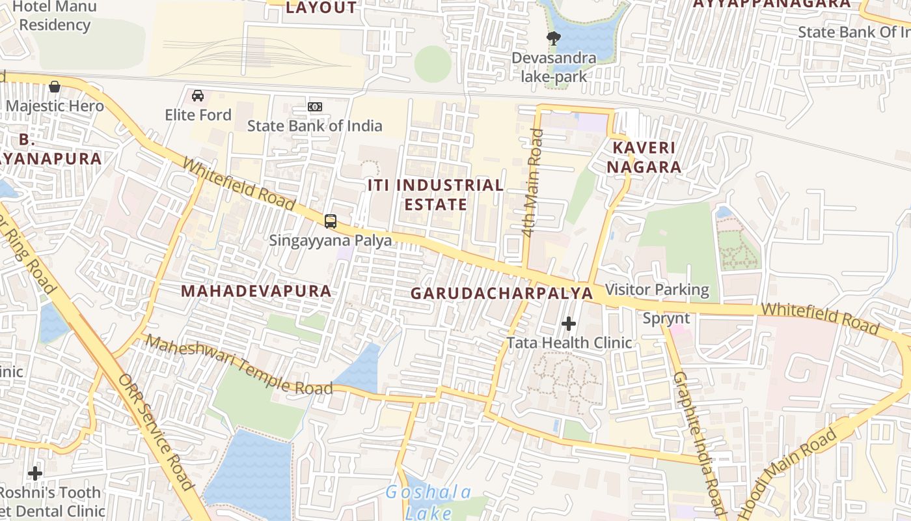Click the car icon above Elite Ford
tap(198, 96)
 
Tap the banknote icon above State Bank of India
tap(315, 106)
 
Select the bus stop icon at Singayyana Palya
tap(331, 221)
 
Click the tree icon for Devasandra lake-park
tap(554, 38)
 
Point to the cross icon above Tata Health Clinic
tap(569, 323)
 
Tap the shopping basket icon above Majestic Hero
tap(55, 86)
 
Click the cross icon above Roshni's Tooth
tap(35, 473)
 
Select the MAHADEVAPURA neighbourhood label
tap(256, 291)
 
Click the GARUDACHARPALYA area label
tap(502, 294)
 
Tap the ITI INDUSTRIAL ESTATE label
tap(435, 195)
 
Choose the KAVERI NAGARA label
tap(644, 157)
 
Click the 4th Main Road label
tap(533, 182)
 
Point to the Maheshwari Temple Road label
tap(238, 366)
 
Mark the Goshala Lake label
tap(428, 501)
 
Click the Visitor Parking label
tap(657, 289)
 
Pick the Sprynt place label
tap(666, 318)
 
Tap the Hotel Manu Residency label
tap(55, 16)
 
